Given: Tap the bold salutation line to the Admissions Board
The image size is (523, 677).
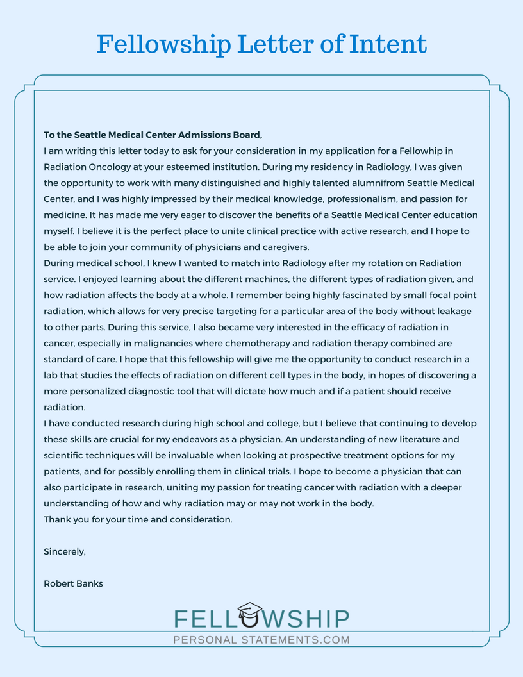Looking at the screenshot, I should pos(153,135).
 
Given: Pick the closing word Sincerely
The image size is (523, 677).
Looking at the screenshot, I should pos(64,551).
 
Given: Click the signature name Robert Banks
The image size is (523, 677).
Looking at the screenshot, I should pos(73,583).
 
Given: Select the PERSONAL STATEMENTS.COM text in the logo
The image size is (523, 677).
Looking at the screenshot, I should pos(261,639).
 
